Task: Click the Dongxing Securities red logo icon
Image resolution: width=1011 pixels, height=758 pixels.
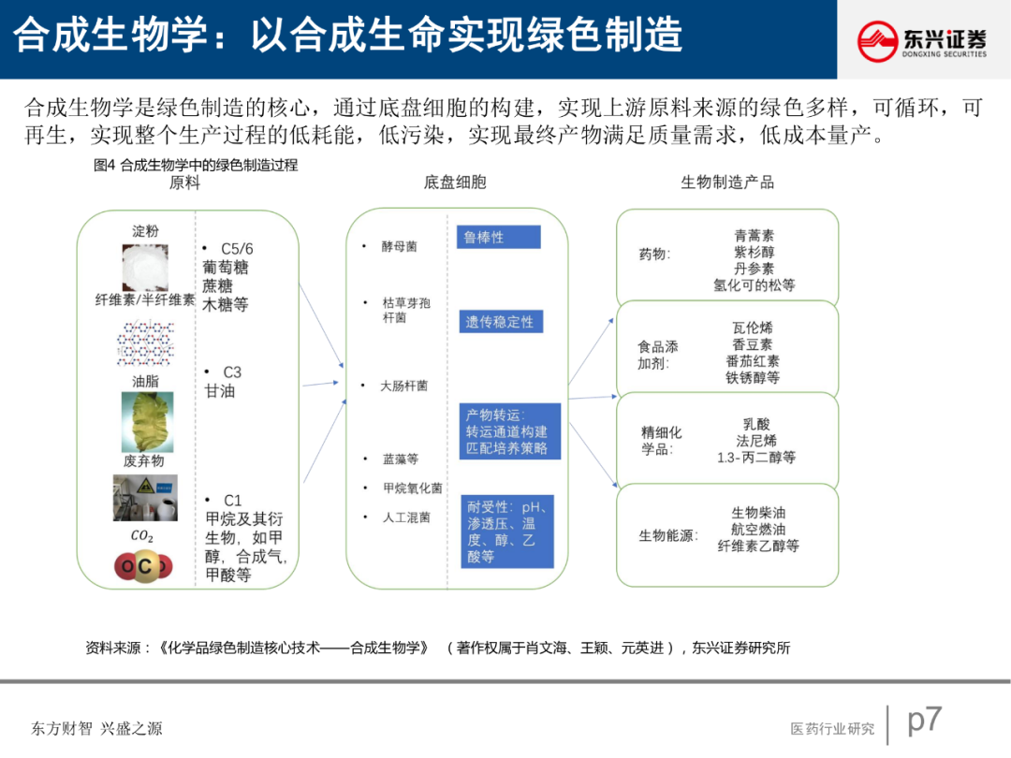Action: pos(878,41)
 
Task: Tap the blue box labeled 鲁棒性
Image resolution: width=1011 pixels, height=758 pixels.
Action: pos(499,237)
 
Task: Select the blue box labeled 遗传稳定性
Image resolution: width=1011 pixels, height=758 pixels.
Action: pos(500,322)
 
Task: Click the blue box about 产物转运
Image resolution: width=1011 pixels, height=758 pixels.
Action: pos(509,431)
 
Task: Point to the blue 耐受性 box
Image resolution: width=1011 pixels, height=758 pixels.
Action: pos(506,532)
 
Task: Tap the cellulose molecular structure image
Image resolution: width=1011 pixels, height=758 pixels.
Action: pos(146,343)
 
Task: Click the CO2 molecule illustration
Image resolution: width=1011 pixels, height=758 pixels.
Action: pos(144,565)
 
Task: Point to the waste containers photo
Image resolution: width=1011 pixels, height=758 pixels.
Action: pos(145,497)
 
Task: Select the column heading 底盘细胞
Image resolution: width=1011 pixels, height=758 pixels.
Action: pos(455,182)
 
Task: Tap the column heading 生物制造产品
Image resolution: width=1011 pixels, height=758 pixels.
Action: pos(727,182)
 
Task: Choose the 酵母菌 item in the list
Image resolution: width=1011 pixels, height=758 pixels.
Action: pos(399,246)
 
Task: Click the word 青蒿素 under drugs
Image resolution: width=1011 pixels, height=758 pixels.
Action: pos(754,236)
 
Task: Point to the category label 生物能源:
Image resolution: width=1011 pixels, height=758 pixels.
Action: pos(668,536)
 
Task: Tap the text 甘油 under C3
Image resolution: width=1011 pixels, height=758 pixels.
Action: pos(220,391)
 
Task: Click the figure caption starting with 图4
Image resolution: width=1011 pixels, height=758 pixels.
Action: pos(196,166)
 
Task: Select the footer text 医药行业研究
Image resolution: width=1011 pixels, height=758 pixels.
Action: pos(832,728)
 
